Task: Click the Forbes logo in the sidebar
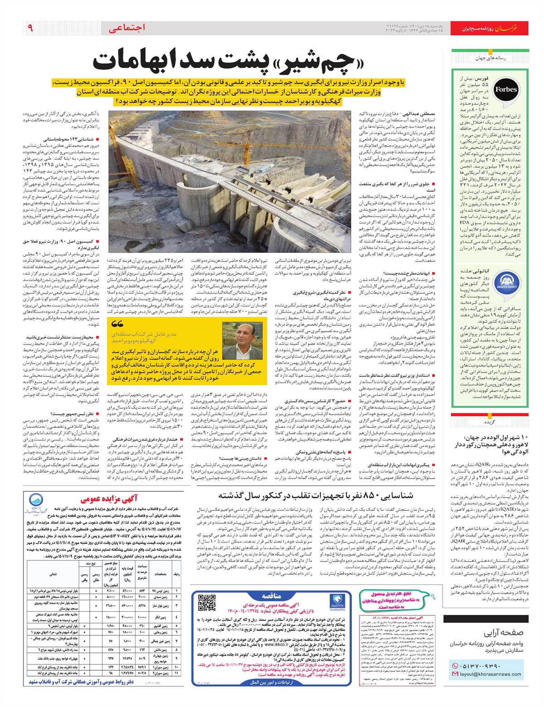pos(505,89)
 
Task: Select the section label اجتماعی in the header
pos(127,28)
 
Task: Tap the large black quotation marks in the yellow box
pos(118,324)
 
